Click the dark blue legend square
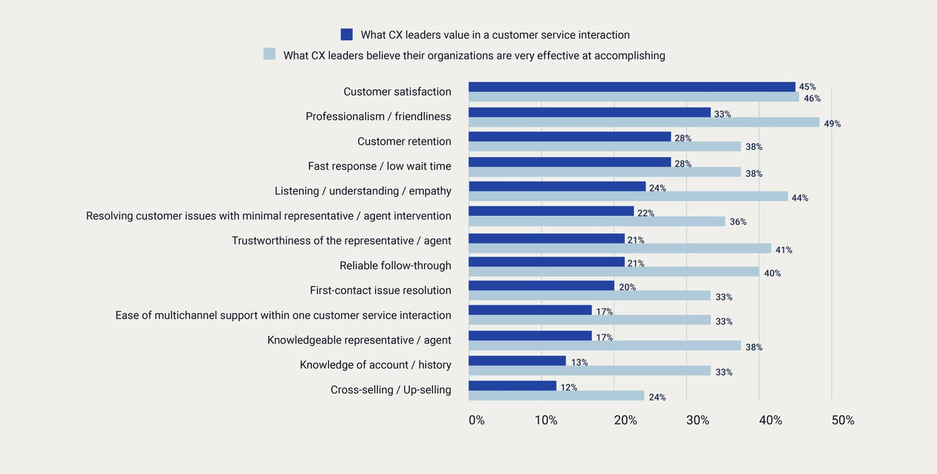tap(347, 35)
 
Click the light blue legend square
tap(269, 54)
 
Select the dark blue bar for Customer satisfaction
tap(631, 87)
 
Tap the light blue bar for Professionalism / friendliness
tap(644, 122)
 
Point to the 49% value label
tap(832, 124)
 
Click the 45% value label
tap(807, 87)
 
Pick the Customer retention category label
tap(404, 141)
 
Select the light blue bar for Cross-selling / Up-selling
tap(556, 396)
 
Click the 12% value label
tap(569, 387)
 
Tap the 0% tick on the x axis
tap(476, 421)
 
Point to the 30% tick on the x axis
tap(698, 421)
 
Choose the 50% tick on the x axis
tap(843, 421)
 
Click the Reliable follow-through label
tap(395, 266)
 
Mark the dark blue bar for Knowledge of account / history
tap(517, 361)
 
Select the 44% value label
tap(800, 198)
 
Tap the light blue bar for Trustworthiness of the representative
tap(619, 249)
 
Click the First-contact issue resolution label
tap(380, 290)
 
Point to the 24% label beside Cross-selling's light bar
tap(657, 397)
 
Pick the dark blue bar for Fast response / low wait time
tap(569, 162)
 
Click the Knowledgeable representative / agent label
tap(359, 340)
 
